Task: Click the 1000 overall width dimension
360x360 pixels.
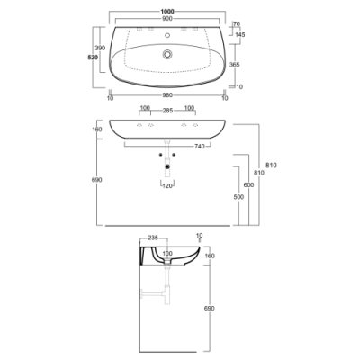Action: click(x=167, y=12)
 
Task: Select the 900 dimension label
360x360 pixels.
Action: click(x=167, y=19)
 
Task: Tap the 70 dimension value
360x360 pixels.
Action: click(x=237, y=23)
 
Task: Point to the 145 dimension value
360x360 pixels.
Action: click(x=240, y=35)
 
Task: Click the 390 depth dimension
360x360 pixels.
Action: click(x=100, y=48)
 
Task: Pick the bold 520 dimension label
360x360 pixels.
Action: click(x=93, y=58)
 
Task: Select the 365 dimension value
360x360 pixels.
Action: click(x=234, y=65)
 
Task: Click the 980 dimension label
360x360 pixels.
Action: click(x=167, y=95)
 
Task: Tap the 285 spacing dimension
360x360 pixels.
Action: click(x=167, y=111)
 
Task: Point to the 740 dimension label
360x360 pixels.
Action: click(x=200, y=147)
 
